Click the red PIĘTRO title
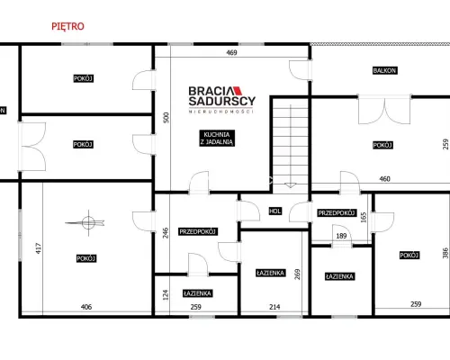coord(67,26)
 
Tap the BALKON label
coord(384,70)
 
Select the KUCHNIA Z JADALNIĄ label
coord(217,138)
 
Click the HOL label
coord(274,211)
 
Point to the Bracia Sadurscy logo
coord(222,100)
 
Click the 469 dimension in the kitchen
coord(231,53)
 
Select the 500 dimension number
coord(166,118)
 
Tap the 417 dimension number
coord(39,248)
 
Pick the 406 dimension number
coord(86,307)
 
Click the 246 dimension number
coord(166,233)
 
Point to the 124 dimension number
coord(166,295)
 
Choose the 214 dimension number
coord(274,307)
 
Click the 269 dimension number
coord(297,274)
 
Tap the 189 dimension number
coord(341,236)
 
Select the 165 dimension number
coord(364,218)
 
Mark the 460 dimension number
coord(385,179)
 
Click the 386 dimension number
coord(445,253)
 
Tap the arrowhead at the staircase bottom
coord(290,185)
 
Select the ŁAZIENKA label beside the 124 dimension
coord(198,293)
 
